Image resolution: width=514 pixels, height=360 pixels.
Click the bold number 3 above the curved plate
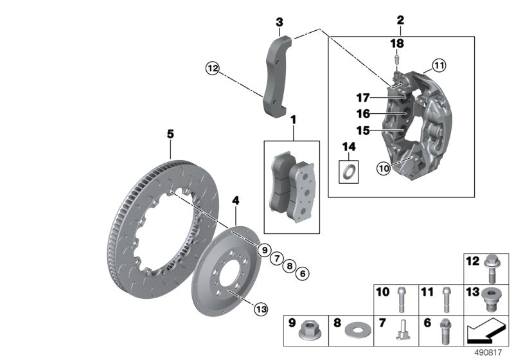coord(279,23)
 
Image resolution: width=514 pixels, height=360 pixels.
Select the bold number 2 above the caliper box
coord(400,21)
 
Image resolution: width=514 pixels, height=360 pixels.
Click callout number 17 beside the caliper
coord(364,98)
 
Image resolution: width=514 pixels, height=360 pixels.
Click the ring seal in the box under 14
coord(350,172)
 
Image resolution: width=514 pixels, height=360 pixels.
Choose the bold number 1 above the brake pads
coord(293,119)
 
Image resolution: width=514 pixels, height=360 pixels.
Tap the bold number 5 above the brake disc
coord(170,134)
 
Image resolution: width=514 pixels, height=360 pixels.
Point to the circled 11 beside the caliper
coord(438,64)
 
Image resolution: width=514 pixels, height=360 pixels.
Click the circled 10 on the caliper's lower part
coord(384,168)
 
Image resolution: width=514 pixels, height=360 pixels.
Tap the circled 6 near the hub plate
coord(304,273)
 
